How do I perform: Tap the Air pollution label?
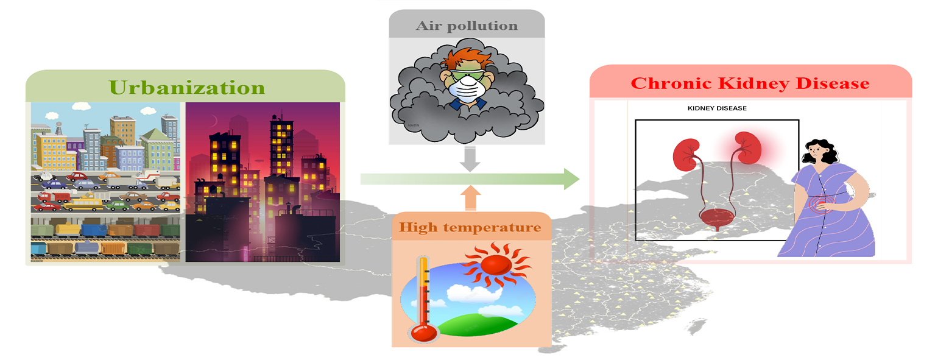pyautogui.click(x=467, y=26)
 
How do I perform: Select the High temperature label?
pyautogui.click(x=470, y=228)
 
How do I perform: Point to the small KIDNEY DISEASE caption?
pyautogui.click(x=717, y=108)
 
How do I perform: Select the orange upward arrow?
pyautogui.click(x=470, y=199)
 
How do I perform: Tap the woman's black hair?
pyautogui.click(x=822, y=149)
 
